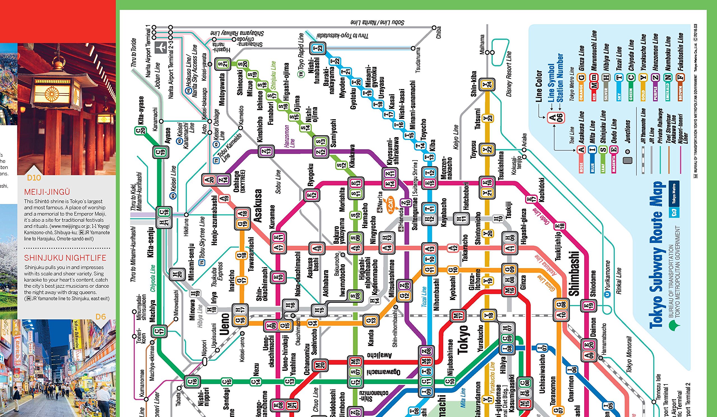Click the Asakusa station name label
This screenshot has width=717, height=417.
click(258, 206)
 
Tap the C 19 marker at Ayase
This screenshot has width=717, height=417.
click(160, 152)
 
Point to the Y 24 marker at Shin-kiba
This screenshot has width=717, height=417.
click(487, 84)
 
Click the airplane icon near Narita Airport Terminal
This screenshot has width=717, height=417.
click(160, 48)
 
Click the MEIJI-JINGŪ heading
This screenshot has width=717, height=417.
click(47, 192)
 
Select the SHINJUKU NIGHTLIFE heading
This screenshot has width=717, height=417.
click(65, 258)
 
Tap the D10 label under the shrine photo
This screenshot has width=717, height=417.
click(34, 178)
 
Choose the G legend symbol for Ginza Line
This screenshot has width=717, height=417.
click(581, 77)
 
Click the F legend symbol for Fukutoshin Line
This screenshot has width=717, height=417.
click(680, 77)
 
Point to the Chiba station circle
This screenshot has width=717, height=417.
click(434, 28)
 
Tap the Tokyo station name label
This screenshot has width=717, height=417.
click(463, 339)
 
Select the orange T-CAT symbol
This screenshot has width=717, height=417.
click(390, 205)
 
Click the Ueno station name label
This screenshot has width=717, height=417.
click(225, 324)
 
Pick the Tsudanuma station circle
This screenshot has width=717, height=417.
click(413, 48)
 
